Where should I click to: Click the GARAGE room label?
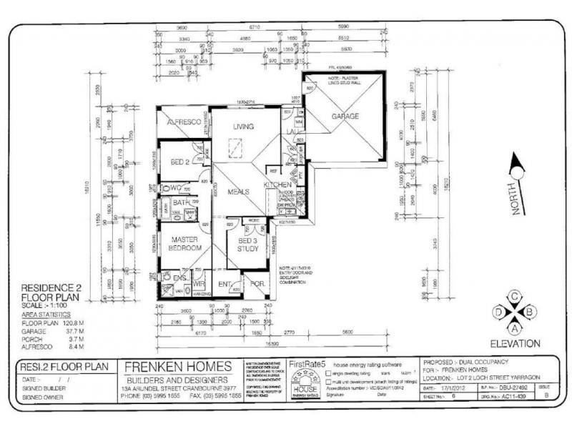click(345, 117)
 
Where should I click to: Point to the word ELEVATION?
click(514, 343)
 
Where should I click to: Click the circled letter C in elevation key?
click(513, 296)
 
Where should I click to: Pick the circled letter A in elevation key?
click(513, 327)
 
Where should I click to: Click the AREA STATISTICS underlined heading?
click(46, 314)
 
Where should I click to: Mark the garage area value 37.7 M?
click(82, 331)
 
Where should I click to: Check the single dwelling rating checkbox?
click(328, 373)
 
